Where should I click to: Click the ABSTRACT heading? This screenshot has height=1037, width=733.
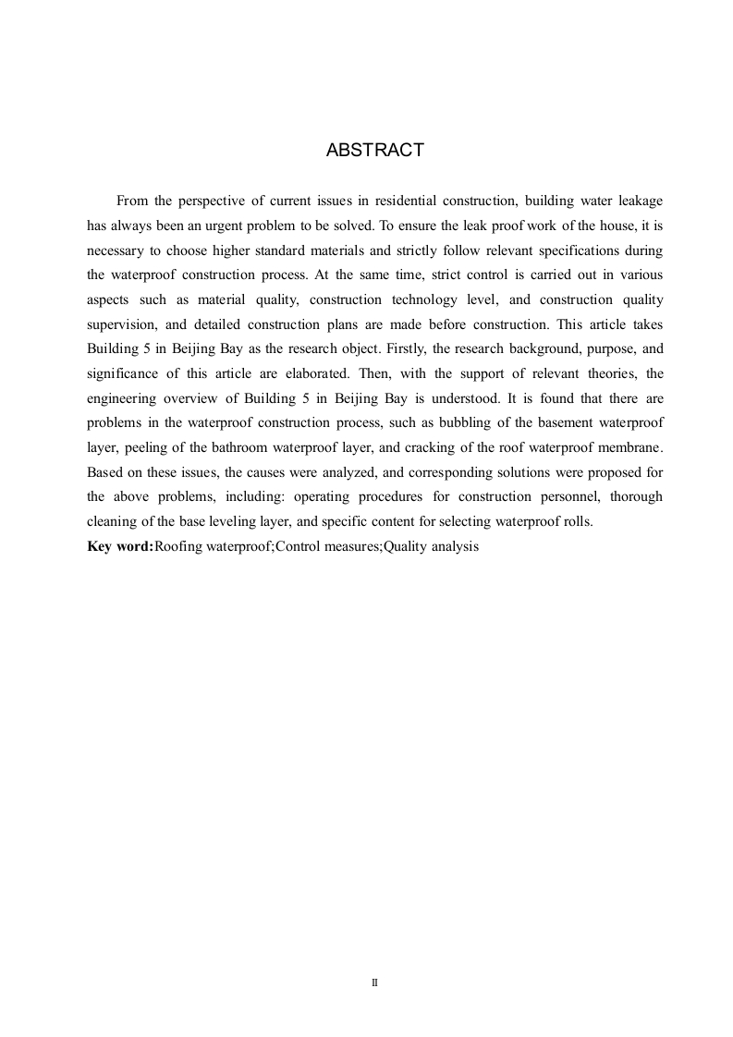[374, 150]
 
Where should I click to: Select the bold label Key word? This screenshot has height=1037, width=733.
[120, 546]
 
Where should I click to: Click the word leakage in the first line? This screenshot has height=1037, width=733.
[635, 201]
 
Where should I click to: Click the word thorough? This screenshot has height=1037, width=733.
[636, 497]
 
